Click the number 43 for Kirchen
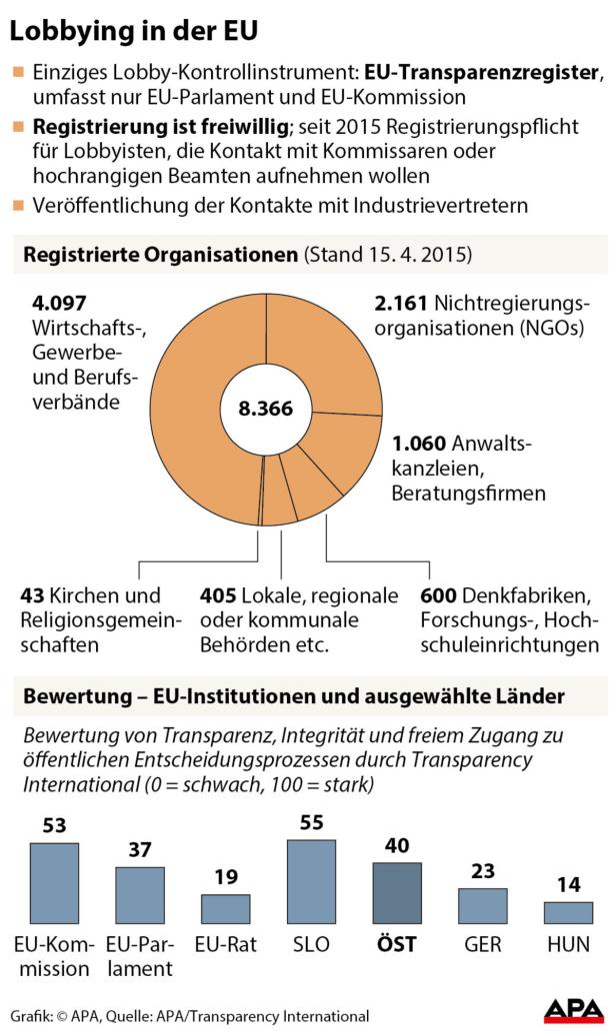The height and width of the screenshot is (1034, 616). [31, 596]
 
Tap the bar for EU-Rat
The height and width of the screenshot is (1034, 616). [225, 908]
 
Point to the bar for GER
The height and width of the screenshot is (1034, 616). [483, 905]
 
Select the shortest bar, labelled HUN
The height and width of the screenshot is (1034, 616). [568, 912]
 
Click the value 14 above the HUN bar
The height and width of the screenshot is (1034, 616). [568, 885]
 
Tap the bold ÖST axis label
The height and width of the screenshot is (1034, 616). [397, 944]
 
